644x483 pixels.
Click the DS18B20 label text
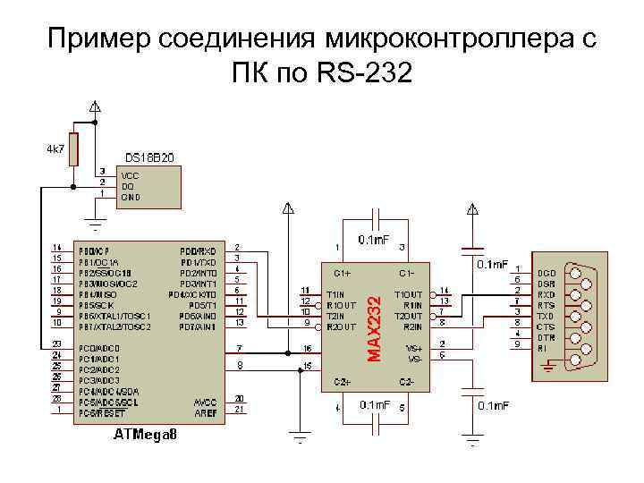pyautogui.click(x=149, y=157)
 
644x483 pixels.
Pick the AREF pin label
pyautogui.click(x=205, y=413)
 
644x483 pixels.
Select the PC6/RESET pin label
pyautogui.click(x=98, y=413)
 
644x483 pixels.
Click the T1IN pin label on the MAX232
pyautogui.click(x=336, y=293)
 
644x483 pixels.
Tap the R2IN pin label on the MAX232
pyautogui.click(x=412, y=326)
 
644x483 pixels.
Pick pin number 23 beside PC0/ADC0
pyautogui.click(x=56, y=344)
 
